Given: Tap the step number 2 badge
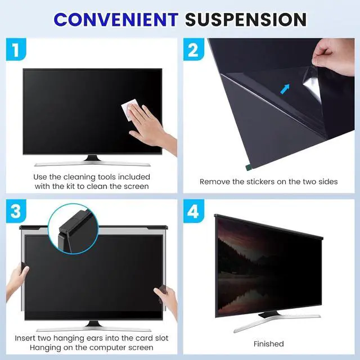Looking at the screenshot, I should (x=193, y=50).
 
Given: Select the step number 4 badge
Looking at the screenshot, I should (x=193, y=212).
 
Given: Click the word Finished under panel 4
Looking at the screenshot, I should (x=269, y=344).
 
